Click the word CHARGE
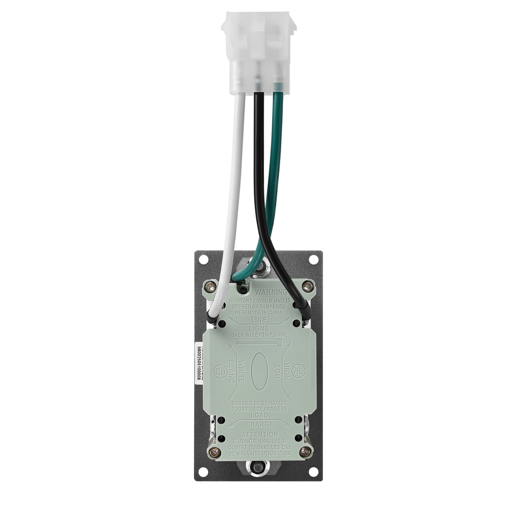pyautogui.click(x=260, y=424)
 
